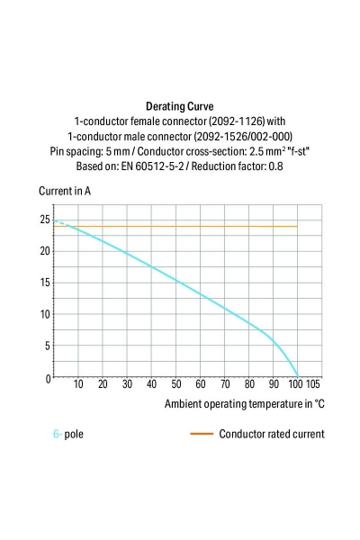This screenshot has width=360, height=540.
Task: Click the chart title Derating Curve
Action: pos(179,105)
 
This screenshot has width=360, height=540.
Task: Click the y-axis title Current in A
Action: pos(64,191)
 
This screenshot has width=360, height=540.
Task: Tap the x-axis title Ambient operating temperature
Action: pos(244,404)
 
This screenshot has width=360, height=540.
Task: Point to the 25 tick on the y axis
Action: pos(44,219)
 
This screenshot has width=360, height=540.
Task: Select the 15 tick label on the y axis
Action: pos(44,283)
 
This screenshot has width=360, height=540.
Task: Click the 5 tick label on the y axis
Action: pos(47,346)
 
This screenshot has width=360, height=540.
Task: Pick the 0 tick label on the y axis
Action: pos(47,379)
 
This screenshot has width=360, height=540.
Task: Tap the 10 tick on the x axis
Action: pos(78,384)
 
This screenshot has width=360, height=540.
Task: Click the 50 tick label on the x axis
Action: pos(176,384)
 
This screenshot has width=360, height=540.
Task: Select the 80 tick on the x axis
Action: pos(249,384)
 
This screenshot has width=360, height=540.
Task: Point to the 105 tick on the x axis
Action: pos(313,384)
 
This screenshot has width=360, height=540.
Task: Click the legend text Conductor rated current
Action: pos(271,434)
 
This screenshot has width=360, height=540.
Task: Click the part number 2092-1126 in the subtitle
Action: pos(211,121)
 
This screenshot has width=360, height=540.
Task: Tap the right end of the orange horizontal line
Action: pos(297,226)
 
